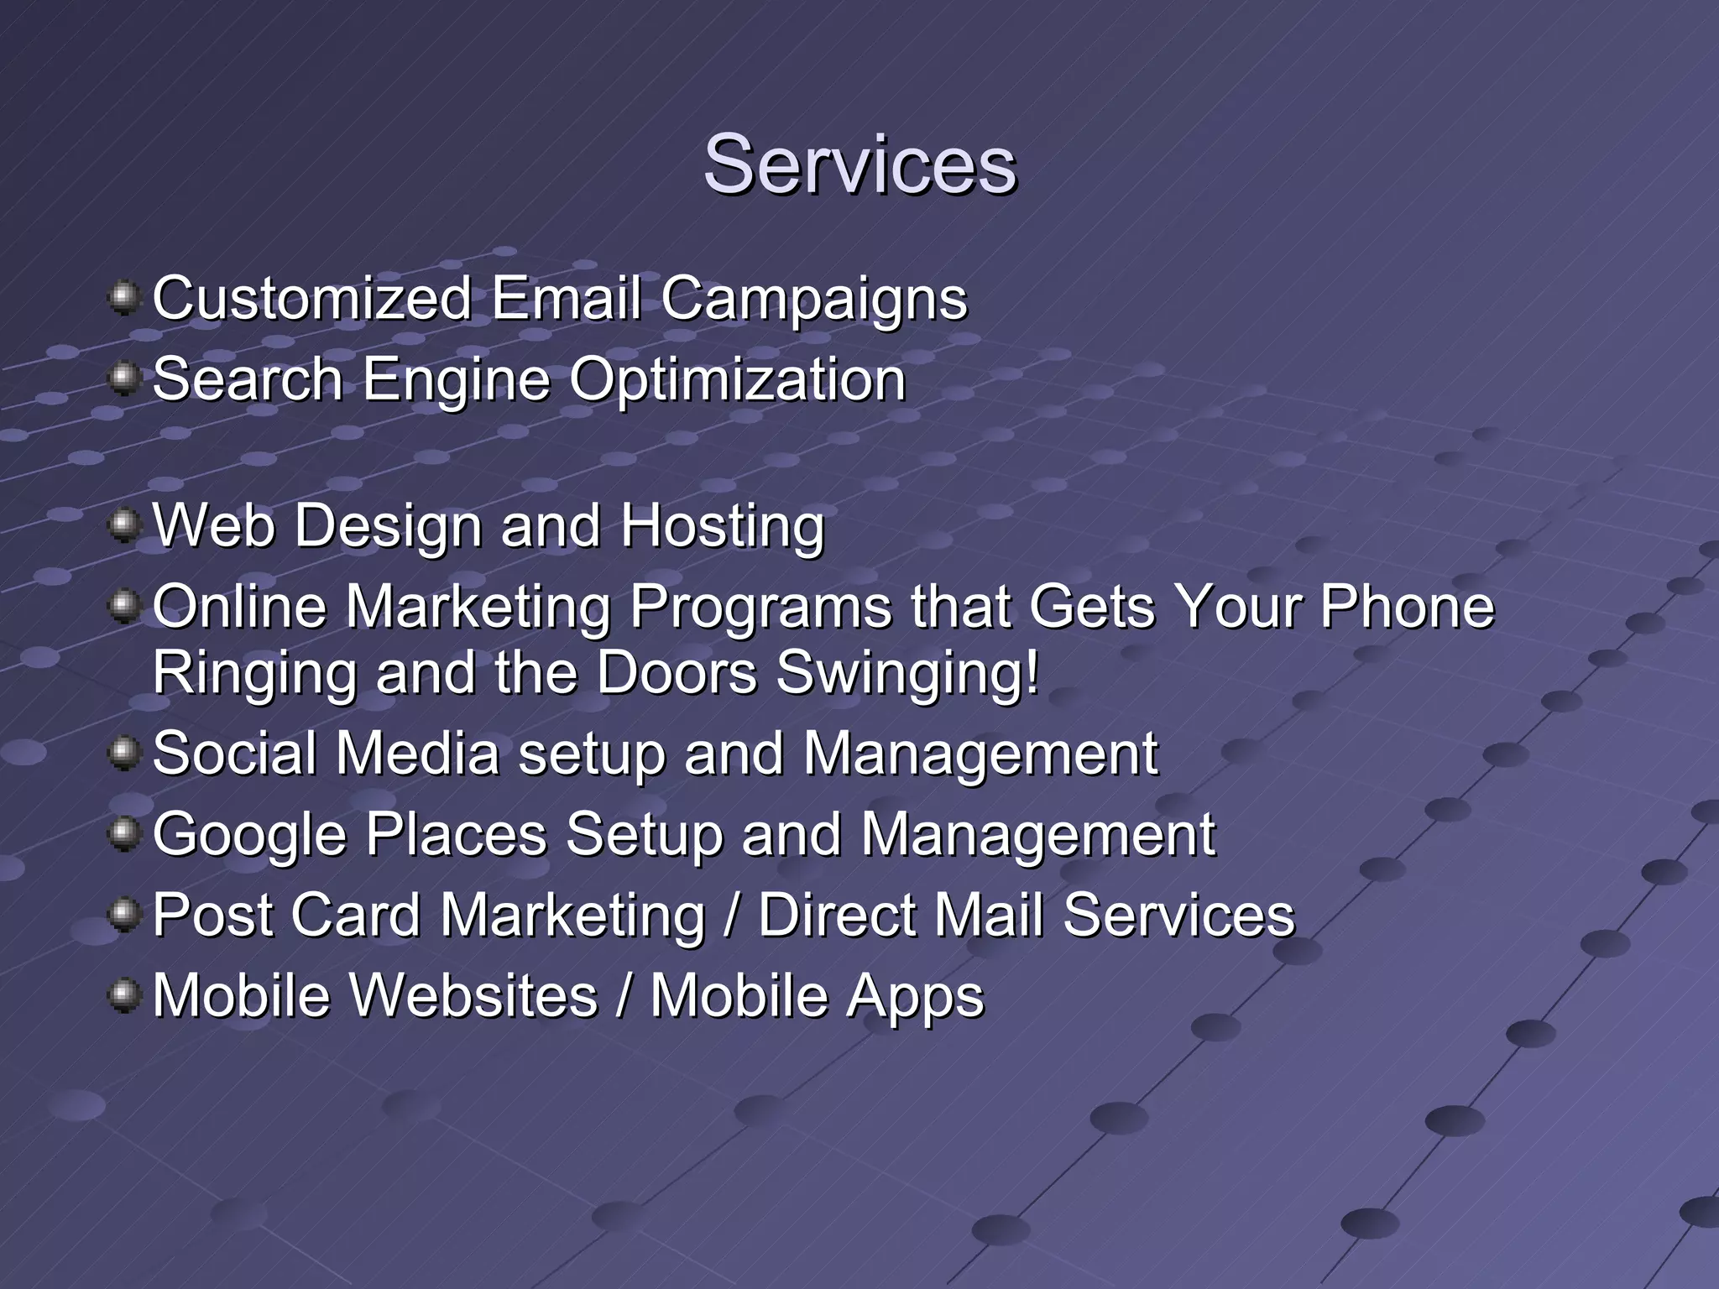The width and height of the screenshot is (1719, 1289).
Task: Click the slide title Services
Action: pos(859,164)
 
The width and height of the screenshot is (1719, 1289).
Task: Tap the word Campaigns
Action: pos(813,300)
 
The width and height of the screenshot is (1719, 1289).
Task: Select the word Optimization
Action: pos(738,380)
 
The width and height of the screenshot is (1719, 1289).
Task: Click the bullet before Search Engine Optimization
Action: pos(124,378)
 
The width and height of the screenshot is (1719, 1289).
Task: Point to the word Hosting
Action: pos(722,527)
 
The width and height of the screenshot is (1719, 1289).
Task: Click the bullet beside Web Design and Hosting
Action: pos(124,525)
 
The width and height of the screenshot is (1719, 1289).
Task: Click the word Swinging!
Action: pos(907,674)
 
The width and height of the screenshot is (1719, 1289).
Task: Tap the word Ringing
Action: pos(254,674)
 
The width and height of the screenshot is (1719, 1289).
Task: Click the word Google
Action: pos(249,835)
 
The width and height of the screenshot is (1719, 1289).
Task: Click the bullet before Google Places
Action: pos(124,833)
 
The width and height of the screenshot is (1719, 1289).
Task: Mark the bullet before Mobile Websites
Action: pos(124,995)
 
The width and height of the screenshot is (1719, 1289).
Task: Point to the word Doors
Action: pos(677,674)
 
